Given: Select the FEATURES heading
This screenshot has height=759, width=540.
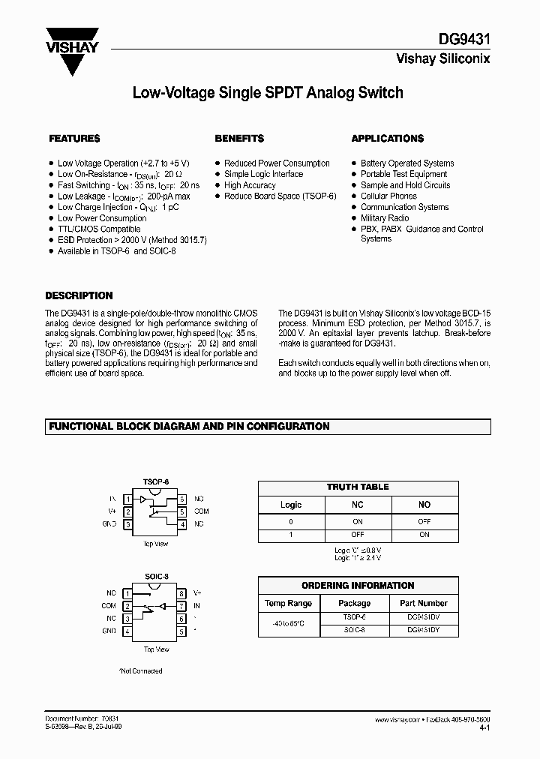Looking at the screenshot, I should coord(74,139).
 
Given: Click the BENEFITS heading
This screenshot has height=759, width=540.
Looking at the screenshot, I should coord(239,139).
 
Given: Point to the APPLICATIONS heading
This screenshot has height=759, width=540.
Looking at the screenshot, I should coord(387,139).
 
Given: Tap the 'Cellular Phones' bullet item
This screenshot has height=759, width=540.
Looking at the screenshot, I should coord(388,196).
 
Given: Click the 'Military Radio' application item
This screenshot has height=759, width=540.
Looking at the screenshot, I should coord(385,218).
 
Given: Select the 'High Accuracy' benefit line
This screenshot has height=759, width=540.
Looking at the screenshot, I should coord(250,185).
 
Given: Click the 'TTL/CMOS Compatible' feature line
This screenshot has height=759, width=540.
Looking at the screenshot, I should coord(99,229).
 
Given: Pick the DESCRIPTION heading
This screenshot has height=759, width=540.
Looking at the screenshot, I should coord(79,295).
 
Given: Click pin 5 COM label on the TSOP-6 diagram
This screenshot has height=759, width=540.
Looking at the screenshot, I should coord(201,511).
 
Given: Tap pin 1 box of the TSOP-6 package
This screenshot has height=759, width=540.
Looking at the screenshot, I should coord(129,499).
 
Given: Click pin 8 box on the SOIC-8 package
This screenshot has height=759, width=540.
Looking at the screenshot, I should coord(181,592).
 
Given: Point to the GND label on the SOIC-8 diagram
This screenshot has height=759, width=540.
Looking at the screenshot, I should coord(109,631).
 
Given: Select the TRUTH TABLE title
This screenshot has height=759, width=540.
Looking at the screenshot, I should coord(358,487).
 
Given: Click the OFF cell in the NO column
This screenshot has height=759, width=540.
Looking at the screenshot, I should coord(424,520).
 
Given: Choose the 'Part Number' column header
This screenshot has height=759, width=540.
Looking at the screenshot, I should coord(423,603).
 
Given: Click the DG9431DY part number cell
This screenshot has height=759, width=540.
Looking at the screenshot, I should coord(423,631).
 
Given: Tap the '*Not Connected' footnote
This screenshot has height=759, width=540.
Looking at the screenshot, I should coord(141,671).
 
